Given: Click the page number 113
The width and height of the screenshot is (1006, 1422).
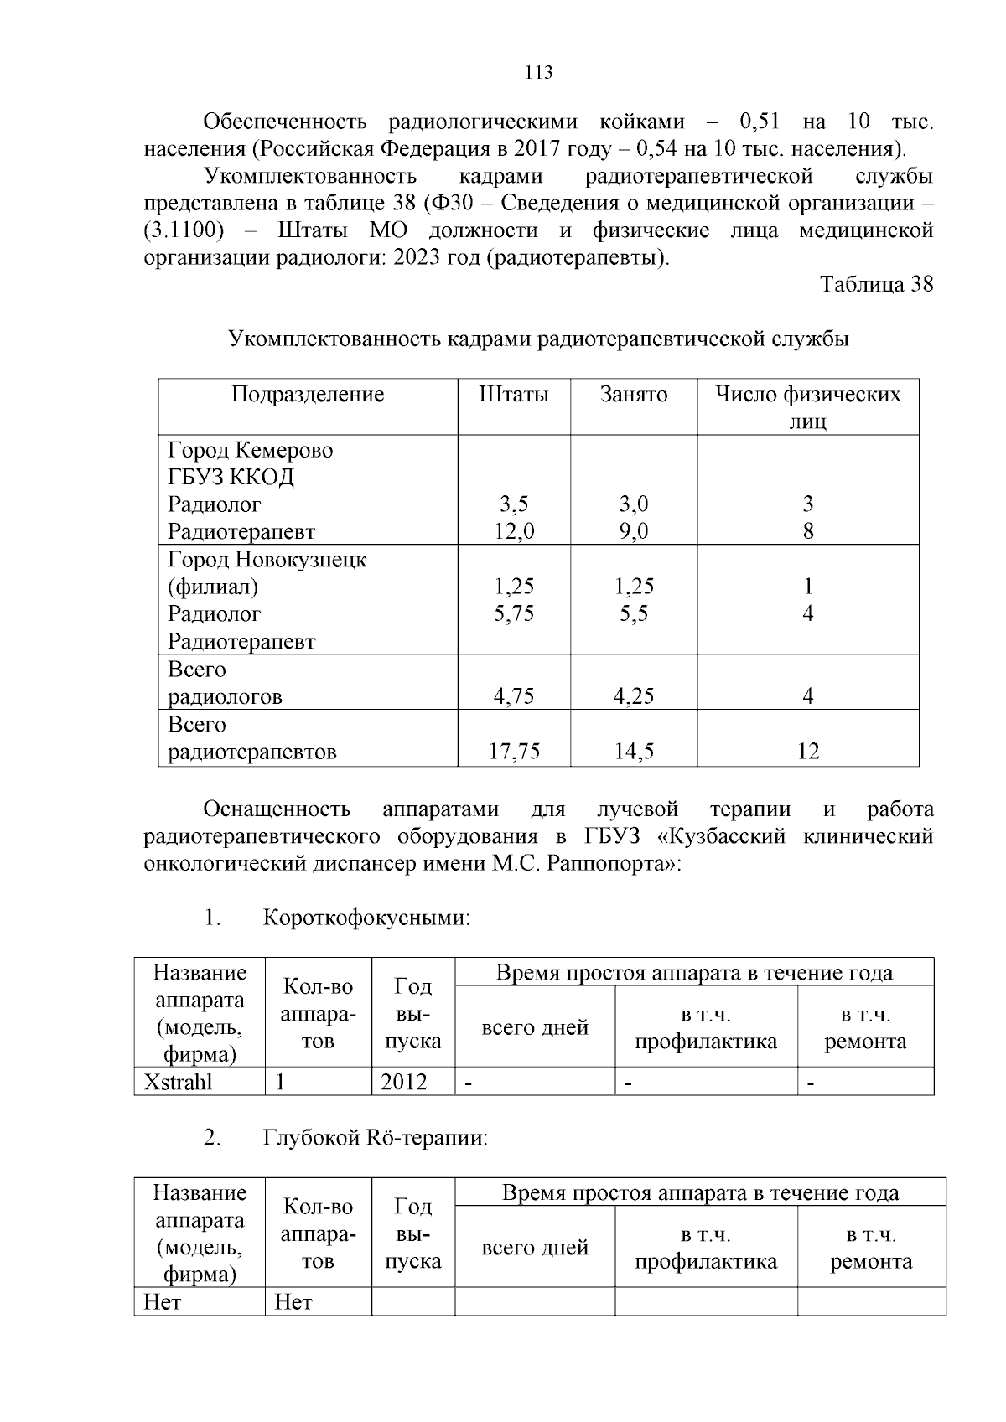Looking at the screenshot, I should (538, 73).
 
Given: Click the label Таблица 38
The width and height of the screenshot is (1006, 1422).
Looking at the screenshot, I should (876, 284).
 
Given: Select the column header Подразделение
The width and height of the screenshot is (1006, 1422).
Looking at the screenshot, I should (308, 395).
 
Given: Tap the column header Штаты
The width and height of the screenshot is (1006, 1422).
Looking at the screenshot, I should (514, 395).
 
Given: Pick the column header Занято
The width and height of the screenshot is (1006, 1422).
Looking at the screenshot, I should (634, 395).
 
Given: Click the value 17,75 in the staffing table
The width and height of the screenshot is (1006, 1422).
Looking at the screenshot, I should (514, 752).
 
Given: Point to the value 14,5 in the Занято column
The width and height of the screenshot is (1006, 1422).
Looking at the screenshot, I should (634, 752).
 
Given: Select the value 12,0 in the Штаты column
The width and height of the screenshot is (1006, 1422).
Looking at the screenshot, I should (514, 531).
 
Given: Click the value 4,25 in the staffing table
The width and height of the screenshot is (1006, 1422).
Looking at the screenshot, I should (634, 696).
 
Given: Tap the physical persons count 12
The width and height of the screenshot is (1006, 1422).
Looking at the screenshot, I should (807, 752).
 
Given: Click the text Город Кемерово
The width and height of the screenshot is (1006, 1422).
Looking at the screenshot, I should (250, 450).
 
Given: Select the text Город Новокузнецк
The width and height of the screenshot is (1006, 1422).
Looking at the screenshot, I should (267, 559).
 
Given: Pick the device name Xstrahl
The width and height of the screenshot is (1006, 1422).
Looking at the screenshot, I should (179, 1082).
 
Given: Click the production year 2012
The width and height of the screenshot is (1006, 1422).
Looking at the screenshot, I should (403, 1082).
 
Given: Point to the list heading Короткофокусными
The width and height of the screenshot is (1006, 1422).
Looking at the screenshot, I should (366, 918).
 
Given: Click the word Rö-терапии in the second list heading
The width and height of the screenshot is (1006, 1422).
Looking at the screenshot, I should (427, 1138).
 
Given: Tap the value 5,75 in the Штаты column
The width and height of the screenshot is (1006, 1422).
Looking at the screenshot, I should (514, 613).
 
